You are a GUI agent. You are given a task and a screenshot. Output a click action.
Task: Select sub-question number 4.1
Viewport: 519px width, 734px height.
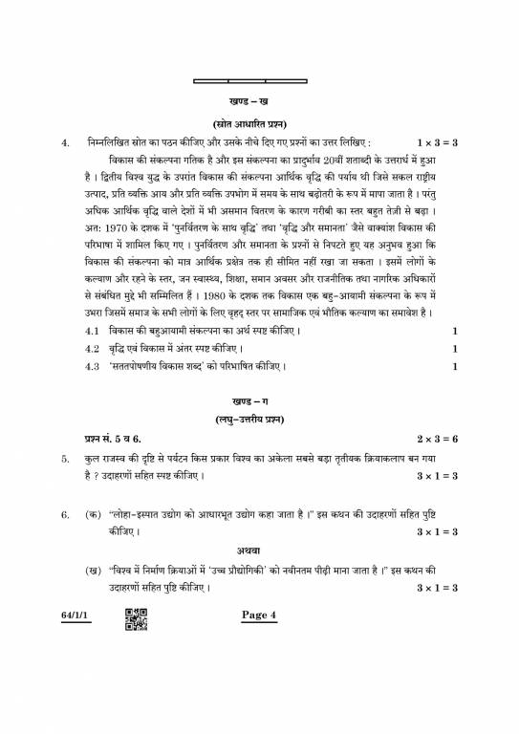pos(93,331)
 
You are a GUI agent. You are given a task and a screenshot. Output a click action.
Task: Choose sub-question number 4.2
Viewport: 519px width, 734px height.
pos(93,349)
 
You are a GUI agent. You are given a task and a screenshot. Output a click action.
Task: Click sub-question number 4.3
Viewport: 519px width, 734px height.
pos(93,366)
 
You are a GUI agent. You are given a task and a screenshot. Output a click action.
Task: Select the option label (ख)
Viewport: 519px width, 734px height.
pos(93,570)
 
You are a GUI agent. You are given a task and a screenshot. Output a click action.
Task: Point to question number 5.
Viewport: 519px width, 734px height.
pos(66,460)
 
